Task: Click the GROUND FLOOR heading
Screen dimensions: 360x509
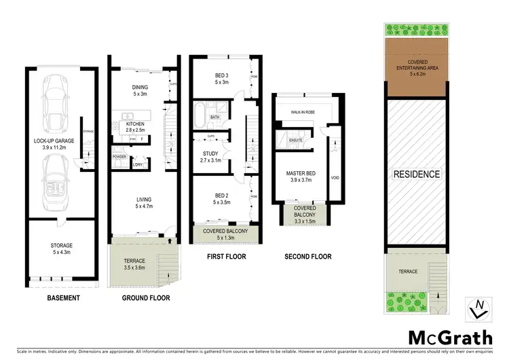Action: pos(146,298)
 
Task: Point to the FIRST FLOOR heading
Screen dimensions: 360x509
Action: pos(226,257)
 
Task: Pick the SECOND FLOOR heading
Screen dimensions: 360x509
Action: pos(307,257)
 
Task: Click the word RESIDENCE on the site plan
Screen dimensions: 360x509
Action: pos(417,174)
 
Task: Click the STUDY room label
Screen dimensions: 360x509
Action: pos(210,154)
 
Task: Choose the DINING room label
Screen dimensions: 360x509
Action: pos(140,87)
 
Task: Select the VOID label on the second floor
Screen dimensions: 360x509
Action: pos(334,179)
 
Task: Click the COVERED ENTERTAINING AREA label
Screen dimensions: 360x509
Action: pos(417,65)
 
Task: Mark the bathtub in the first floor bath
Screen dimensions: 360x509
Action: pos(202,111)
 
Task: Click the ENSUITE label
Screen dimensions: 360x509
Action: pos(297,140)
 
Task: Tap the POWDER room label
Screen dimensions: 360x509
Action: pos(119,156)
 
